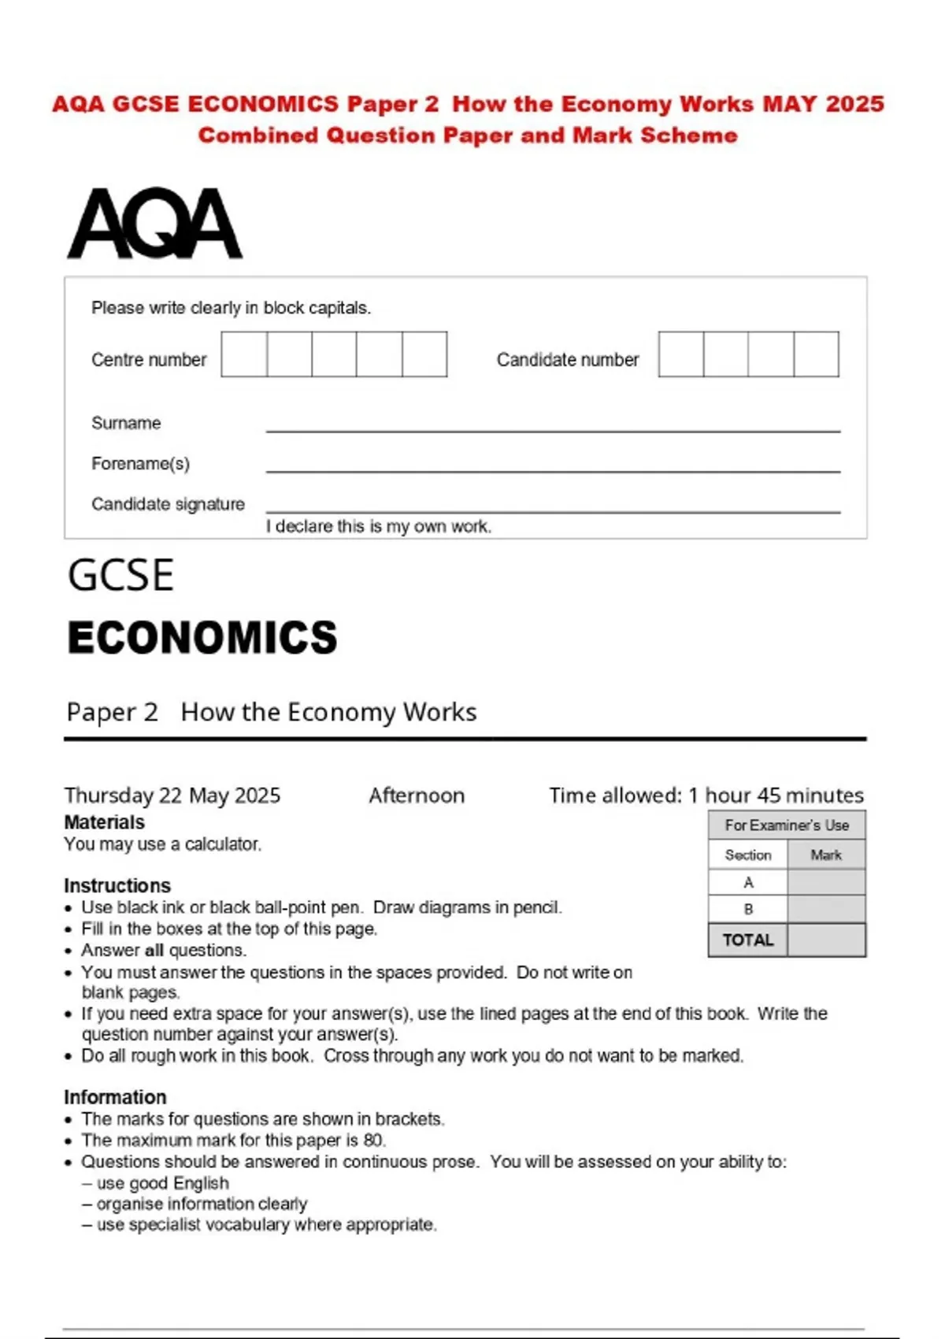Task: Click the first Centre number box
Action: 244,354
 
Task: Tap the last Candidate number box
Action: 816,354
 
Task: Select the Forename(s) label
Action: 140,463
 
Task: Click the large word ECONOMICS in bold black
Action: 202,637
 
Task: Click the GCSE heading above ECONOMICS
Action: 120,575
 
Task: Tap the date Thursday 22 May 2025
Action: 172,796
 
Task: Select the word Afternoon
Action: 417,796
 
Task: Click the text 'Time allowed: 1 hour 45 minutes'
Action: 706,796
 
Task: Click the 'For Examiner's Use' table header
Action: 786,825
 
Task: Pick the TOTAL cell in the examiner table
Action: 747,940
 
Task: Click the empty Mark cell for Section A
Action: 826,882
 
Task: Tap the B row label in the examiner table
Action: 747,909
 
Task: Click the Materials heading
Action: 104,822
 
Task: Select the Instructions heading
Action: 117,885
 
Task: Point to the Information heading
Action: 115,1097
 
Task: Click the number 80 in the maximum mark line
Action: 373,1140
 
